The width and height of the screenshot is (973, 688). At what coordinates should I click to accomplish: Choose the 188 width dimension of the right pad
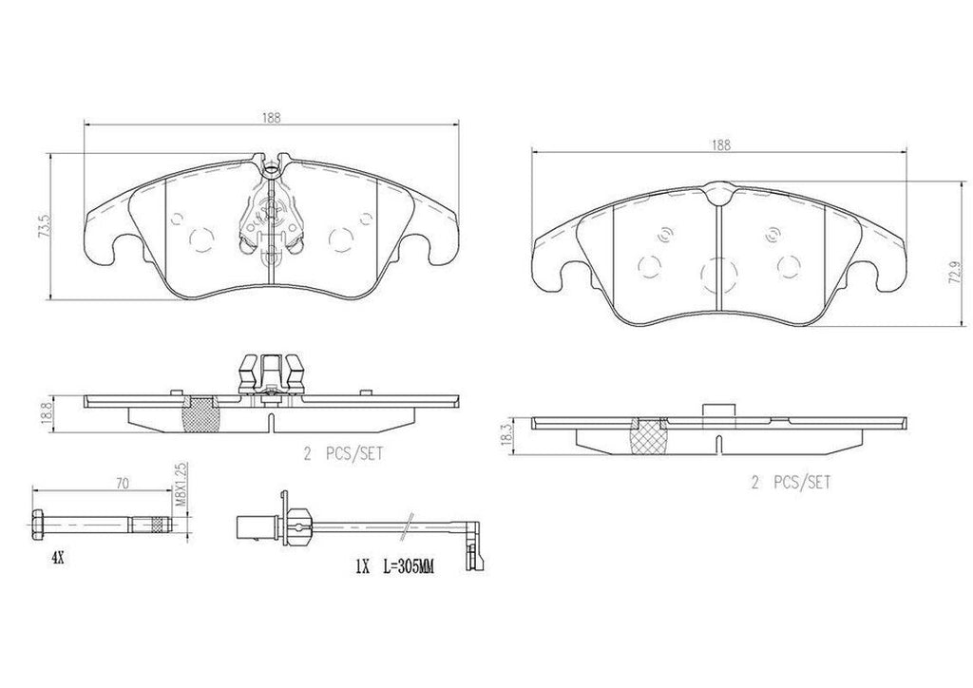[720, 144]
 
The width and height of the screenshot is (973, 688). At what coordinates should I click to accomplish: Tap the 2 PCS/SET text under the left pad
[342, 455]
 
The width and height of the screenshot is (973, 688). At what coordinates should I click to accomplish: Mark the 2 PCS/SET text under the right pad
[791, 483]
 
